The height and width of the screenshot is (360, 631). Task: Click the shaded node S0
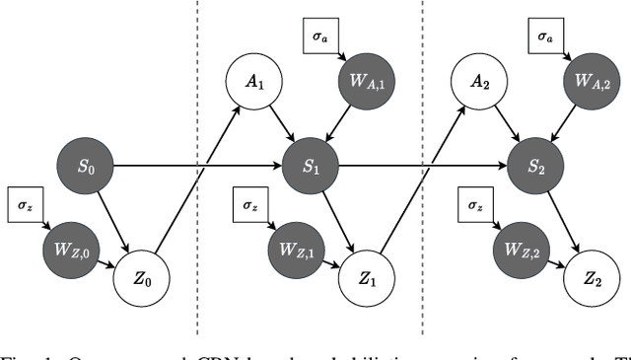tap(86, 167)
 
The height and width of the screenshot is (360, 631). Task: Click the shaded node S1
tap(311, 167)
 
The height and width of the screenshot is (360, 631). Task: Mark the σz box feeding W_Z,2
tap(476, 206)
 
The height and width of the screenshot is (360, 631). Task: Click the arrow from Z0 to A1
tap(197, 178)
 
